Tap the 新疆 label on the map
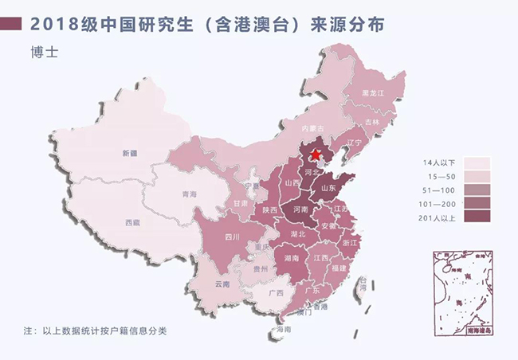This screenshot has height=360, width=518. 129,151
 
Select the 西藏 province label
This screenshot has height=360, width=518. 132,223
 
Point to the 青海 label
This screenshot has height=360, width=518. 189,194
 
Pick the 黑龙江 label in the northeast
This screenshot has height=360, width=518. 373,93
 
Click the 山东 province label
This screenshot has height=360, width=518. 328,189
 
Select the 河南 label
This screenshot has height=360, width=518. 300,210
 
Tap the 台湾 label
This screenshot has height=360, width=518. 363,281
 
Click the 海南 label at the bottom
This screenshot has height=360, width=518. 280,328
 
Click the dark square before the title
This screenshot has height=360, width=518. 13,23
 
